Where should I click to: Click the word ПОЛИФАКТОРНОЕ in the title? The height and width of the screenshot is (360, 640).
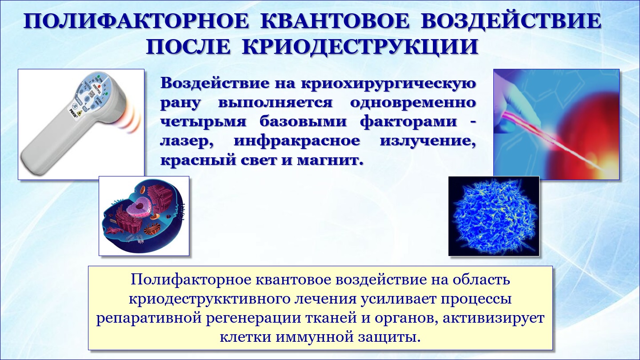(136, 21)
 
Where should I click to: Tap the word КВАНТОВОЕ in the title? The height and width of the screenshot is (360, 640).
(335, 21)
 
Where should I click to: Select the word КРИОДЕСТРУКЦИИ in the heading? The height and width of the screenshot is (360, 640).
(360, 47)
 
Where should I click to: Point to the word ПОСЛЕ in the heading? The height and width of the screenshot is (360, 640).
(188, 47)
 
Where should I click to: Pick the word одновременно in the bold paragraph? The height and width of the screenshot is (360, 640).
(413, 102)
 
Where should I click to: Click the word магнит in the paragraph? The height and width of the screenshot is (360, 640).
(330, 160)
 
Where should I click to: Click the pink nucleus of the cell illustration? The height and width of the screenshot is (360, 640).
(140, 206)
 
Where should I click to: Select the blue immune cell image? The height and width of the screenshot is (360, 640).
(494, 216)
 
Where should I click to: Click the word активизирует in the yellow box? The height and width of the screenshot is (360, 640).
(493, 318)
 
